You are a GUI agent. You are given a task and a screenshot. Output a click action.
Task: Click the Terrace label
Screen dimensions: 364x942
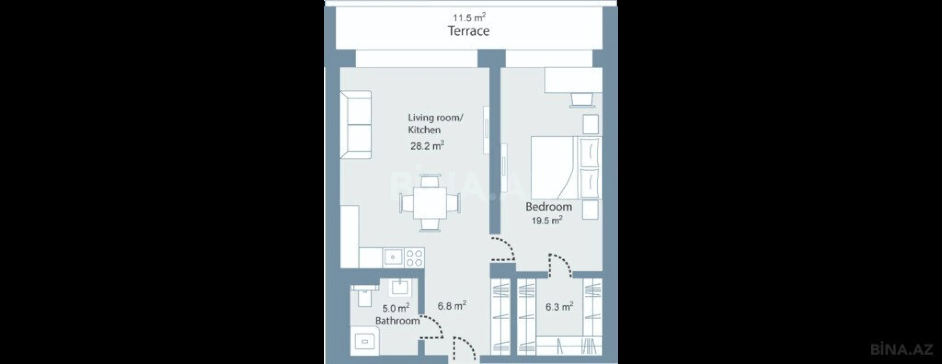[469, 31]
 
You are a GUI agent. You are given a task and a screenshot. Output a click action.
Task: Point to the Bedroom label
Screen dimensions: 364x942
[549, 207]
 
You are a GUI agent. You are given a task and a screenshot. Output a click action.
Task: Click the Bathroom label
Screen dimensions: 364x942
[397, 321]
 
